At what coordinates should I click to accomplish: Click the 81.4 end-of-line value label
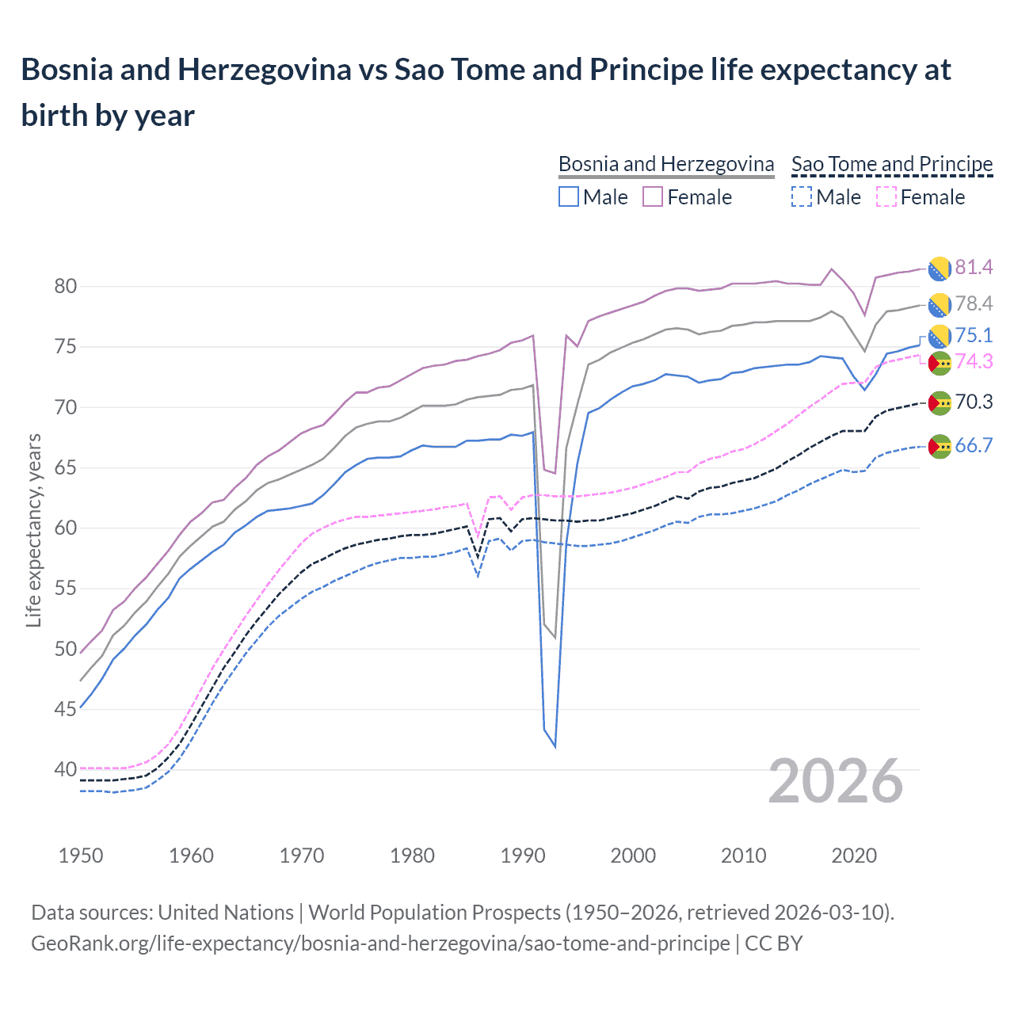tap(974, 268)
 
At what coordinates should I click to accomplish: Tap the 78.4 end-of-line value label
tap(974, 304)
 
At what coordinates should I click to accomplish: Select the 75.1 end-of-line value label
tap(974, 336)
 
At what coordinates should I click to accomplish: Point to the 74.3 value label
tap(974, 362)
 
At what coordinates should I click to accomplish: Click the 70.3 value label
tap(974, 402)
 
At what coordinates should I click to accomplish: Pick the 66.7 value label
tap(974, 446)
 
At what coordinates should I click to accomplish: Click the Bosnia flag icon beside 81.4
tap(940, 269)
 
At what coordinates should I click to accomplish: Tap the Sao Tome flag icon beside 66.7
tap(940, 447)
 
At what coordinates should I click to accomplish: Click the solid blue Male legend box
tap(568, 196)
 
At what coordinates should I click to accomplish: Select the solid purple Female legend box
tap(653, 196)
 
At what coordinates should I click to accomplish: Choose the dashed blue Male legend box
tap(802, 196)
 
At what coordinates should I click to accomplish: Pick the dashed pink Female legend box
tap(886, 196)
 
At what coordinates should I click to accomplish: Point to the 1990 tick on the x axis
tap(523, 856)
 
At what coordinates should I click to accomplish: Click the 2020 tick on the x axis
tap(855, 856)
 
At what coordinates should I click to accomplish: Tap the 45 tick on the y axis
tap(66, 710)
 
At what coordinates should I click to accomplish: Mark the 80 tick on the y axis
tap(66, 287)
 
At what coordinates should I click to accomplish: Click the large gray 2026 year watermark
tap(836, 781)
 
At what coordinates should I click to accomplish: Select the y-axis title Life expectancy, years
tap(33, 531)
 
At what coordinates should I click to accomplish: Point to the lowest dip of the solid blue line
tap(555, 746)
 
